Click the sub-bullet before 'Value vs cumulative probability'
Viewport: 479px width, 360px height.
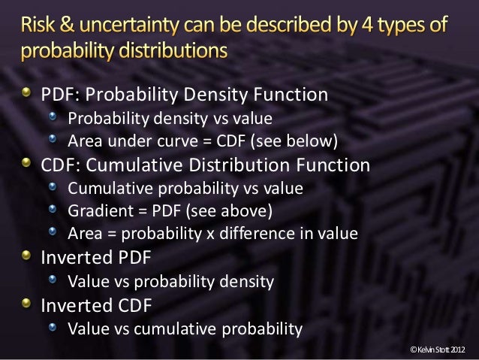[55, 328]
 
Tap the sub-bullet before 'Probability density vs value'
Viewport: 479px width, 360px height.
[55, 118]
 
